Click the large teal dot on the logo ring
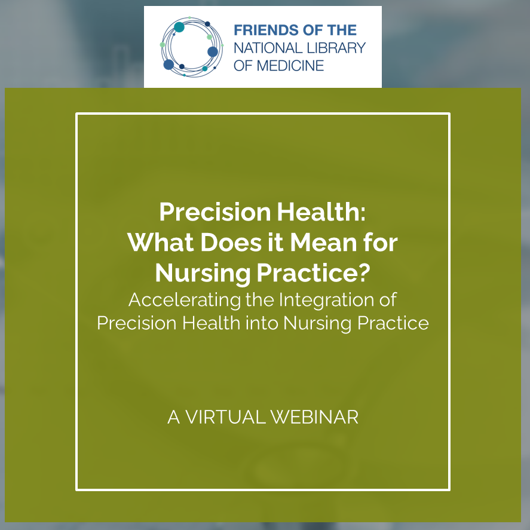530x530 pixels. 179,27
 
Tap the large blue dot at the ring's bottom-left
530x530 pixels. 169,64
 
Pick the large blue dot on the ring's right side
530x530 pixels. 213,52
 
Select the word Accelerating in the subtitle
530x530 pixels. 185,299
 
